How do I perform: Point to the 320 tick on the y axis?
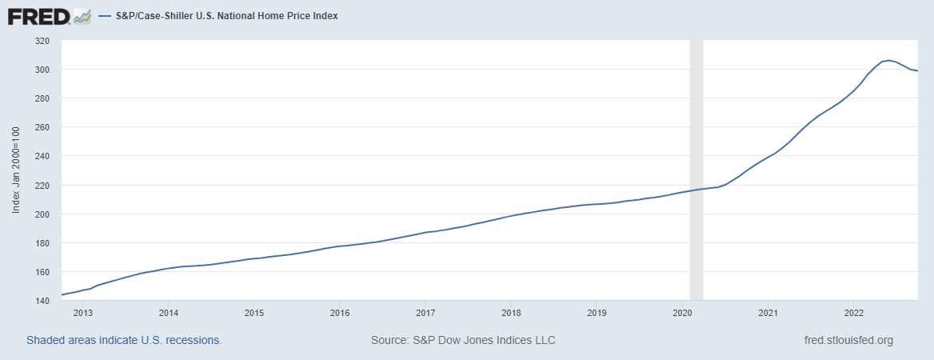[42, 41]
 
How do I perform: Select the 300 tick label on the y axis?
[42, 70]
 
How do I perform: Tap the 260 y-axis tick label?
[42, 127]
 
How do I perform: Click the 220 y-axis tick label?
[42, 186]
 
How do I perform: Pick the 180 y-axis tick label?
[42, 243]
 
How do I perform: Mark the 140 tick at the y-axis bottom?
[42, 301]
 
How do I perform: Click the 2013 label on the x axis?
[82, 312]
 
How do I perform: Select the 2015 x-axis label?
[253, 312]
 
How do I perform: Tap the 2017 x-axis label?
[425, 312]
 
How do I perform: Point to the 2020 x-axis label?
[682, 312]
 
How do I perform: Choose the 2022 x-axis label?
[853, 312]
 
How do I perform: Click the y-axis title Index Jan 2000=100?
[16, 170]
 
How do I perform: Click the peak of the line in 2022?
[889, 60]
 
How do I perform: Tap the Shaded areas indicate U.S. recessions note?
[124, 340]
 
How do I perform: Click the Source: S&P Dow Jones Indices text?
[463, 340]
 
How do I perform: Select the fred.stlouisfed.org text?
[848, 340]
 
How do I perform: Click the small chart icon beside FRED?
[82, 15]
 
